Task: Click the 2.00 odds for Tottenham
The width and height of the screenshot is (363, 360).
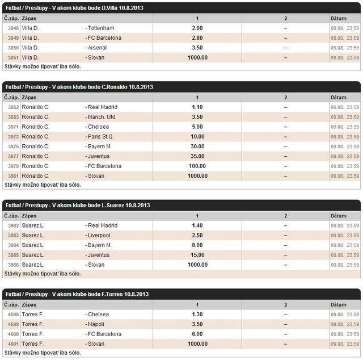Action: pos(197,28)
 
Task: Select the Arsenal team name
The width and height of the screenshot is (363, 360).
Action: pos(97,48)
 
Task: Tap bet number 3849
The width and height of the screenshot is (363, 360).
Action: pos(12,38)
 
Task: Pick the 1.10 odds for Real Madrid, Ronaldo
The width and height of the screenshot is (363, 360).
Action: pos(197,107)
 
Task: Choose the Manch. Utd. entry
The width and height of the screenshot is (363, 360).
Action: pos(102,117)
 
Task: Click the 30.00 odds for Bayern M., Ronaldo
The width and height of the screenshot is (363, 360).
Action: pos(197,146)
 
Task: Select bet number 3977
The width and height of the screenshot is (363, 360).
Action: pos(12,156)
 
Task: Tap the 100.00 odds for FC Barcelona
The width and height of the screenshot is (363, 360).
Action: pos(197,166)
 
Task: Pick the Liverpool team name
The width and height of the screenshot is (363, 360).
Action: pos(99,235)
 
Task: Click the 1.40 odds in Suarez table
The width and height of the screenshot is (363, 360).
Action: pos(197,225)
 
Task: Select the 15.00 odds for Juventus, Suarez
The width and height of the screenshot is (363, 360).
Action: pos(197,255)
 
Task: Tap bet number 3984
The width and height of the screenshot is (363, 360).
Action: pos(12,245)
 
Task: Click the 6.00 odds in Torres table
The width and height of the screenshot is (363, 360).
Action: pos(197,334)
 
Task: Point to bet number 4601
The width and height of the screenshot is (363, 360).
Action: pos(12,344)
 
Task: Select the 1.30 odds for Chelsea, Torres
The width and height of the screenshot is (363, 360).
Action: pos(197,314)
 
